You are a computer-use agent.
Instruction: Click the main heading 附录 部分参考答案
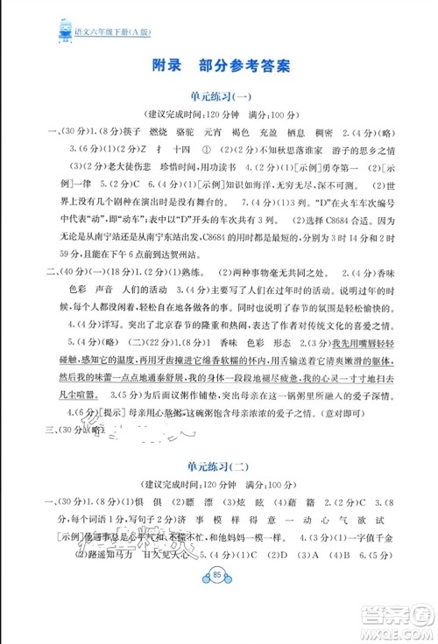[219, 65]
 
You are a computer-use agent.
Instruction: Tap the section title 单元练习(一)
[219, 97]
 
